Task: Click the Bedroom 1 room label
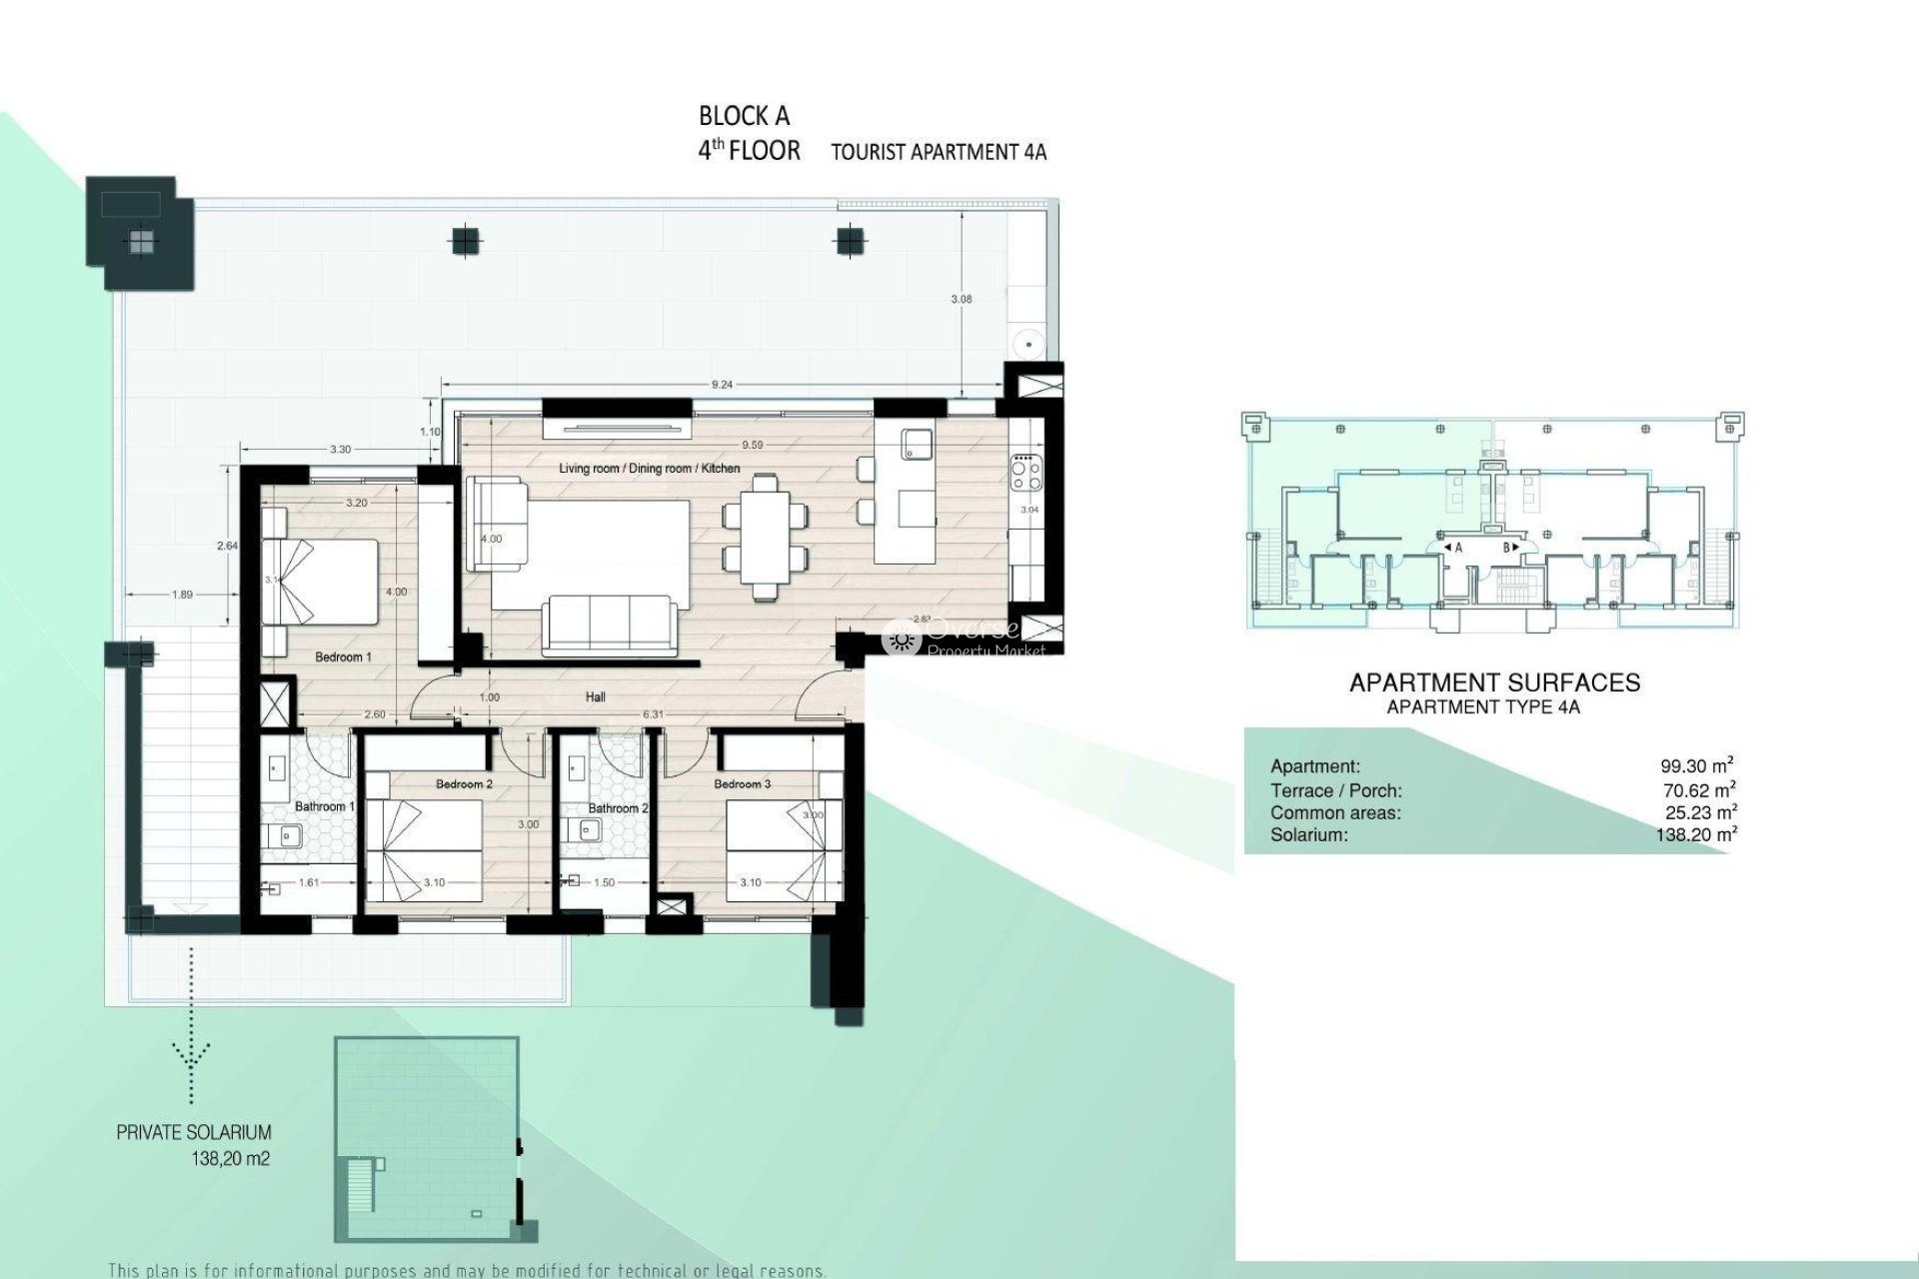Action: pos(343,656)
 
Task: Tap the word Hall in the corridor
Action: pos(596,697)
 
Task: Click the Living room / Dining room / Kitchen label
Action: pos(650,468)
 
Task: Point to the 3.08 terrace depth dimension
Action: pos(961,299)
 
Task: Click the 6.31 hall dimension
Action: pos(653,714)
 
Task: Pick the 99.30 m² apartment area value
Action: pos(1696,766)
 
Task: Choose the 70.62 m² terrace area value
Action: pos(1697,790)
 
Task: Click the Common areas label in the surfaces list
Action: pos(1335,813)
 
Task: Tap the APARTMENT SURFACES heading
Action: pos(1494,682)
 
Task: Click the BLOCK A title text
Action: pos(744,116)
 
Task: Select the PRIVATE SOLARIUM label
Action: pos(194,1132)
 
